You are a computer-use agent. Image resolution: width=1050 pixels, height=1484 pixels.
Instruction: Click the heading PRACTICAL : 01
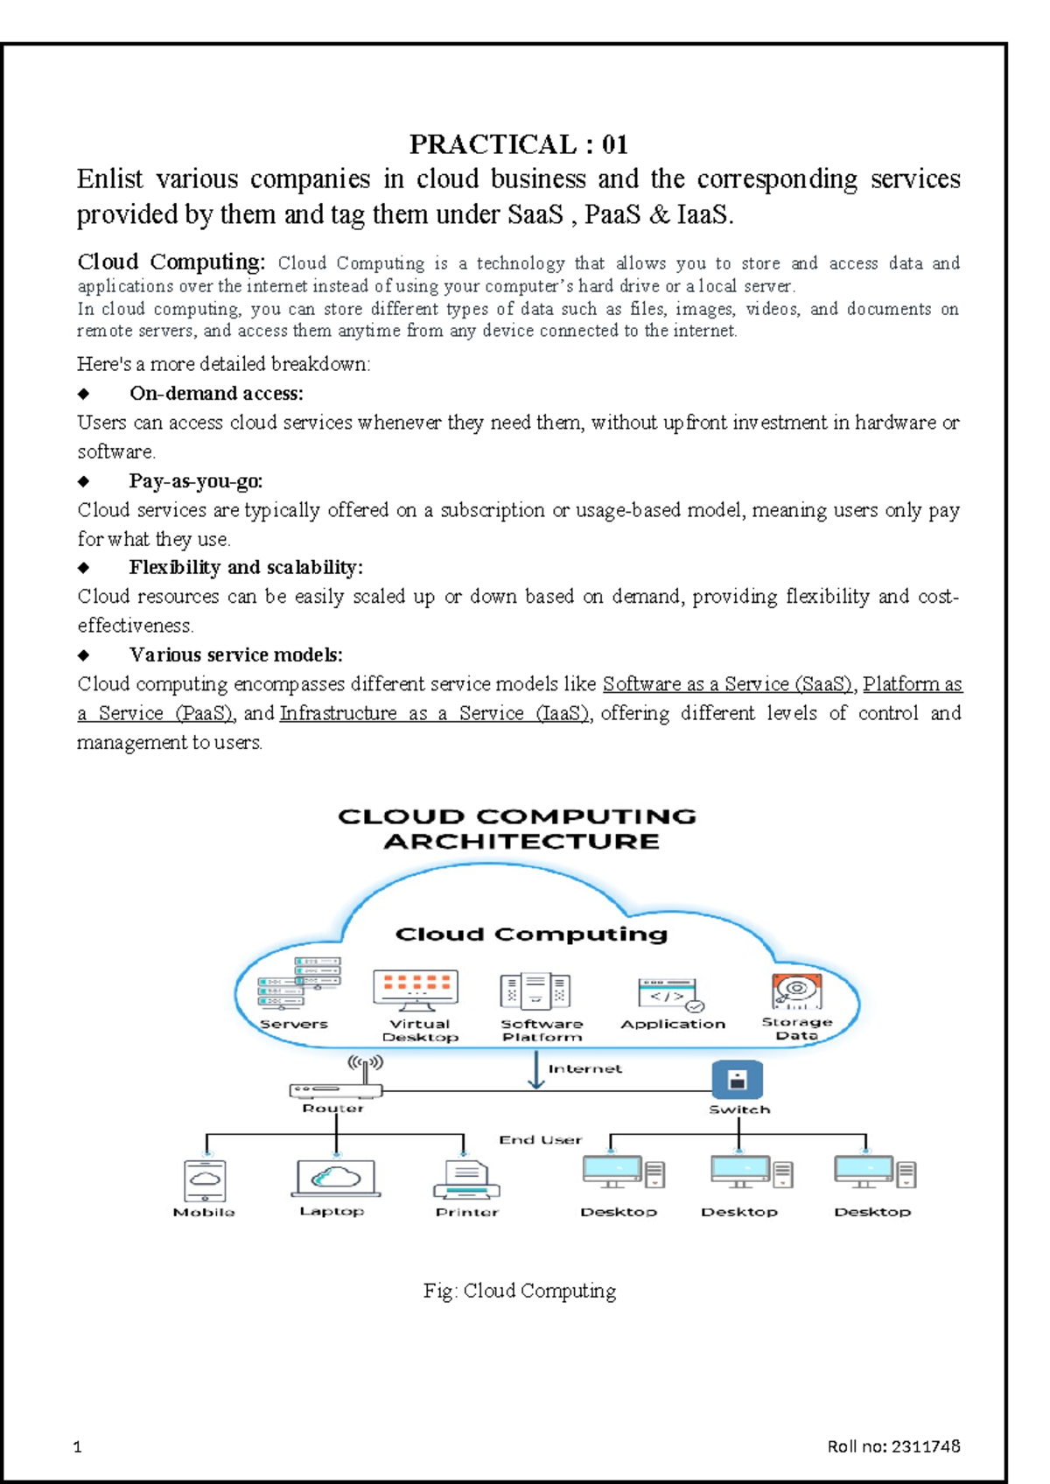518,143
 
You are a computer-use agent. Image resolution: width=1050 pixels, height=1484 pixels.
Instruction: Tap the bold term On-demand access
216,394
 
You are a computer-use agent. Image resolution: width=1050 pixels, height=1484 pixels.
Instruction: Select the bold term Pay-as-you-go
195,480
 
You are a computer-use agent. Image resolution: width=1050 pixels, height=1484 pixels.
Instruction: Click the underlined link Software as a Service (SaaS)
727,684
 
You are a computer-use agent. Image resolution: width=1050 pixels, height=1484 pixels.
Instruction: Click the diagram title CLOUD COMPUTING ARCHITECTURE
518,829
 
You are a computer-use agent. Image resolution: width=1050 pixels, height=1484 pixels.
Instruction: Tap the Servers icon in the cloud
299,984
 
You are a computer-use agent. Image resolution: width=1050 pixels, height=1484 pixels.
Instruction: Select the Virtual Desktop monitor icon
416,990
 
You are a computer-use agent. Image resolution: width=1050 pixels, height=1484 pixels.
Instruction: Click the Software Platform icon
535,992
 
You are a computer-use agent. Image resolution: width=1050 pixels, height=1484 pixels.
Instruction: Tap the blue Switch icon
737,1080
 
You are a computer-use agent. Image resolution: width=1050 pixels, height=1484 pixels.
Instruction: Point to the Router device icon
336,1090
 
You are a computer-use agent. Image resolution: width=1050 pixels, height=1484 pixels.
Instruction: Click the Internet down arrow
536,1070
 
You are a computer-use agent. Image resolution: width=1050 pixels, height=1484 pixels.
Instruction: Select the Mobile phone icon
205,1180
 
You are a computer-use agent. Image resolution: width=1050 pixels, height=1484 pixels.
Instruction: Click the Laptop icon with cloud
335,1178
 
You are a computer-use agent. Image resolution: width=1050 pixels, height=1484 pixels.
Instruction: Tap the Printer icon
466,1179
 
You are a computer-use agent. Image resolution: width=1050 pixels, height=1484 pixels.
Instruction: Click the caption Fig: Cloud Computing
520,1291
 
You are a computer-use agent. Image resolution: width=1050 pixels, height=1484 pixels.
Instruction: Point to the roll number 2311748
926,1446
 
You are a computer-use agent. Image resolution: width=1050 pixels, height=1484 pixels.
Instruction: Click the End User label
540,1140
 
